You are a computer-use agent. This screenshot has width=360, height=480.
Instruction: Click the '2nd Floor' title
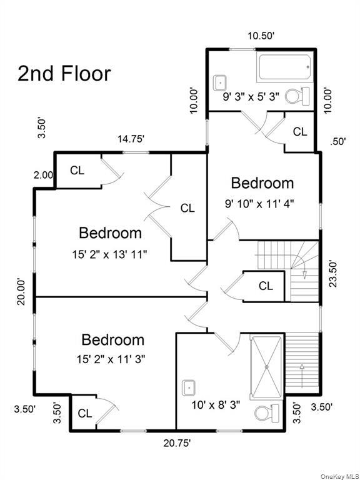click(64, 73)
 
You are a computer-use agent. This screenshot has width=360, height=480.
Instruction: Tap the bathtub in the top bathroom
click(284, 67)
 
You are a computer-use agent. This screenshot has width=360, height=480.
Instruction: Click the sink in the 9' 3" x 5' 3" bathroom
click(221, 81)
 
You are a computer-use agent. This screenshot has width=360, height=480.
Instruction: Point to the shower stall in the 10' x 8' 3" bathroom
click(267, 367)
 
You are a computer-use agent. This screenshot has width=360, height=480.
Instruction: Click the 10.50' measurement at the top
click(261, 36)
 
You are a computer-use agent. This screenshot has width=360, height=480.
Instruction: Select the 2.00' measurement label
click(42, 176)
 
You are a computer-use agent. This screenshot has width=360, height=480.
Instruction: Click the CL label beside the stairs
click(266, 286)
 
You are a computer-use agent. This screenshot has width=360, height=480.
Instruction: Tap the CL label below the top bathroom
click(301, 132)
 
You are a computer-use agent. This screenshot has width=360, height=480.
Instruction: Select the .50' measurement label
click(338, 141)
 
